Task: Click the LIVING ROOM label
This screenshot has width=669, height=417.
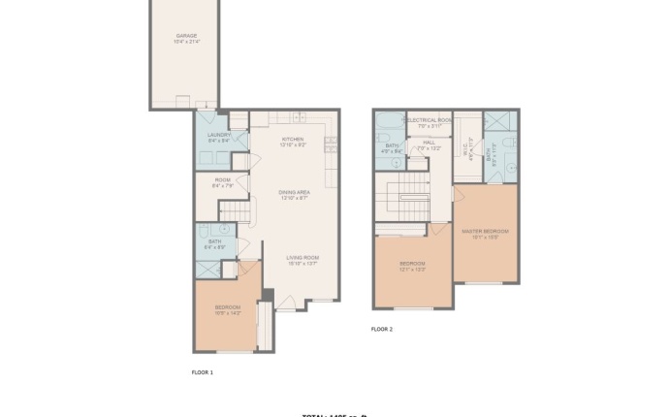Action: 303,259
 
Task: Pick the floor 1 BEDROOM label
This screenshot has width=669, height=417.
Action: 227,309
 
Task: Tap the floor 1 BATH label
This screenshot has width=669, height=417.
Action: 214,243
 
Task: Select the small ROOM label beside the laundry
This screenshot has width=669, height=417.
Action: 222,181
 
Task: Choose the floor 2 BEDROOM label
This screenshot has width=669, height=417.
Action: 412,266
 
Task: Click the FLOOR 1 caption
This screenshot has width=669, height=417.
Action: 202,371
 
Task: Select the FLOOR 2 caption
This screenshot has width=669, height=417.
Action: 382,329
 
